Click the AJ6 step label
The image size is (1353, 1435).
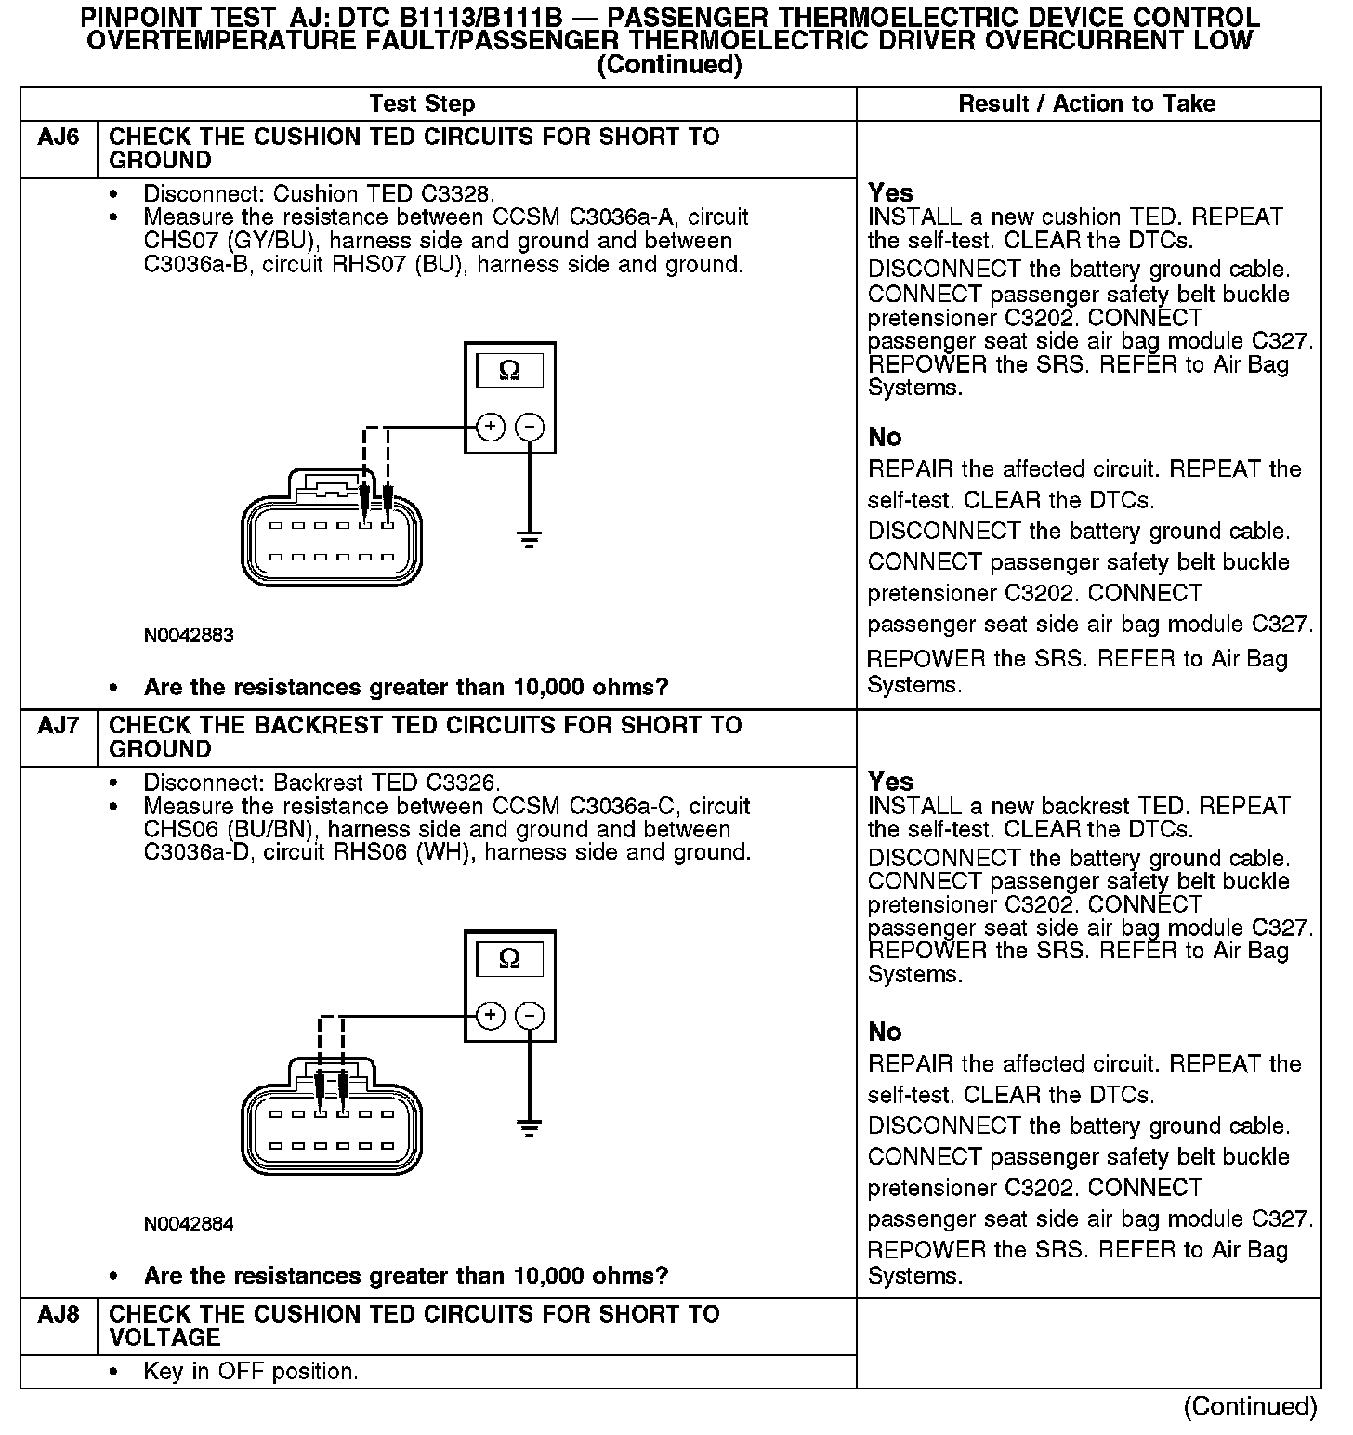click(59, 138)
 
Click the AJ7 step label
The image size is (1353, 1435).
click(59, 726)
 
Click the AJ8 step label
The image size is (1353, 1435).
click(59, 1315)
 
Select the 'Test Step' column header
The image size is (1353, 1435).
click(422, 104)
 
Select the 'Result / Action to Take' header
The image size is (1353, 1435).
click(1086, 104)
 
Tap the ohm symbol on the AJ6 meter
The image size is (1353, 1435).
click(509, 371)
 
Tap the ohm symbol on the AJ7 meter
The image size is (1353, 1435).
click(509, 958)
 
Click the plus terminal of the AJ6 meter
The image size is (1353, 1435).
click(490, 428)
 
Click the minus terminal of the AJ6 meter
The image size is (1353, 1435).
click(530, 428)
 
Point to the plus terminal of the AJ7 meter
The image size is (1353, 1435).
click(490, 1016)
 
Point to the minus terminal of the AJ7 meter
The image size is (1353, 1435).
click(530, 1016)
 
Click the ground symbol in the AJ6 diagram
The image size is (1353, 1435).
click(530, 539)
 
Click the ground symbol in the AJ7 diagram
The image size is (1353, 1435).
click(530, 1128)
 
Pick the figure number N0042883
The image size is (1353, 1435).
click(189, 637)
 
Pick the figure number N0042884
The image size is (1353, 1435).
click(189, 1224)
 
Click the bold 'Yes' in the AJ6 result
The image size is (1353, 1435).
click(890, 193)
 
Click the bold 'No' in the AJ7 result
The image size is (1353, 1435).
click(885, 1032)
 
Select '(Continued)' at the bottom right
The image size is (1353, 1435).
click(1251, 1407)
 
